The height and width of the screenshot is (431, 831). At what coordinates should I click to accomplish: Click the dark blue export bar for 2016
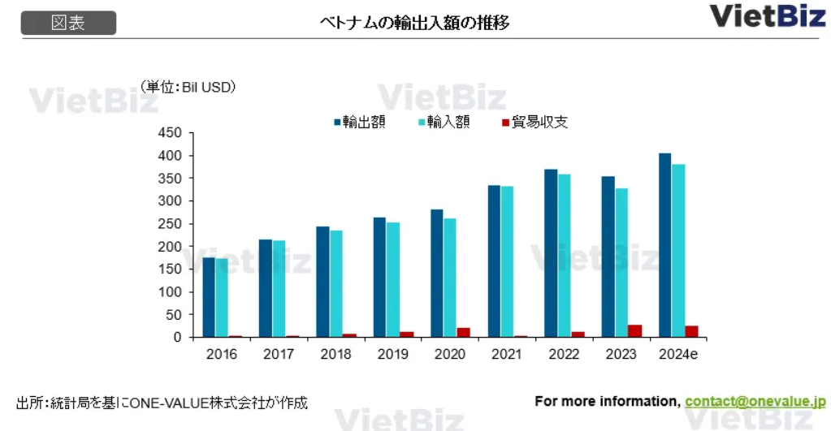[x=209, y=297]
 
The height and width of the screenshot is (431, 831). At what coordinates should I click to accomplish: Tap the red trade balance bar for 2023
[x=634, y=331]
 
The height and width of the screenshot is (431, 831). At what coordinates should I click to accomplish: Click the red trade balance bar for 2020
[x=463, y=332]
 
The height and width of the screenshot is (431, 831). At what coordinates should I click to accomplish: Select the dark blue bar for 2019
[x=379, y=277]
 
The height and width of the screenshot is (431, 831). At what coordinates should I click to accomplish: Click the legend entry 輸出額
[x=359, y=123]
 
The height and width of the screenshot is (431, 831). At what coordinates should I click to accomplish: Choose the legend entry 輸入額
[x=444, y=123]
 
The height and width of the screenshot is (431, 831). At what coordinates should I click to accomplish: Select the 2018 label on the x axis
[x=335, y=355]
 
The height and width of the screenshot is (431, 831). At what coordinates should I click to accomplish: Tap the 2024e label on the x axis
[x=678, y=355]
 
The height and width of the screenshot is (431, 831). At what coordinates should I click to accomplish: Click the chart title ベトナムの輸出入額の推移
[x=415, y=23]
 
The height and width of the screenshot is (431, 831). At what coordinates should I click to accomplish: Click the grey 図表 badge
[x=68, y=23]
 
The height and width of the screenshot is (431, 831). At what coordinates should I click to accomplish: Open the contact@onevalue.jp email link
[x=755, y=401]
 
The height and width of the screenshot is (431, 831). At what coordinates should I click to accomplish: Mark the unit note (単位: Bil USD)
[x=188, y=87]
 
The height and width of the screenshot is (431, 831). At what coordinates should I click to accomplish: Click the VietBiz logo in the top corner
[x=767, y=15]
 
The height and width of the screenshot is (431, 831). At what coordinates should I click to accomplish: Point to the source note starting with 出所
[x=162, y=403]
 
